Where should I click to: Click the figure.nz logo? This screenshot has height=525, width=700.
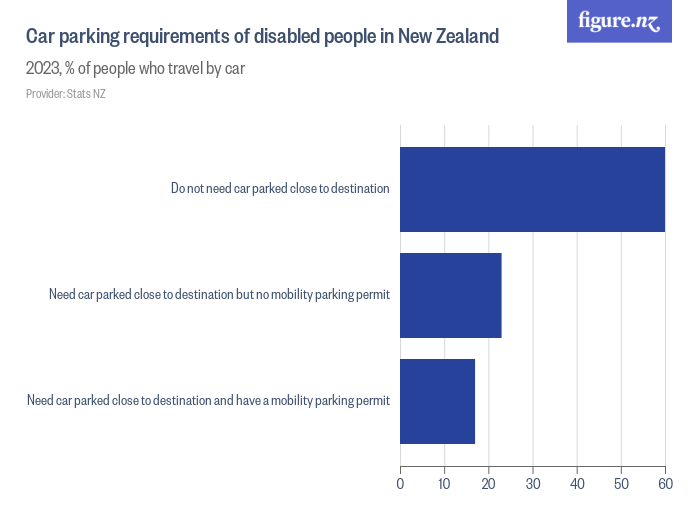click(619, 22)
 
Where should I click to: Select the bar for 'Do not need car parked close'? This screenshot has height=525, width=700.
click(532, 189)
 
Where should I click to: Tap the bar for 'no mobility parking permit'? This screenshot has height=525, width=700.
click(450, 295)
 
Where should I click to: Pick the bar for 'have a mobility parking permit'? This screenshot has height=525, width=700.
click(437, 401)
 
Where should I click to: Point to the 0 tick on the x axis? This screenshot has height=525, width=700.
click(400, 485)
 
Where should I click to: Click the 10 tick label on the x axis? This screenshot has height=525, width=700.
click(444, 485)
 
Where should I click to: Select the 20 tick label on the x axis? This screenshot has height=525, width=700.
click(488, 485)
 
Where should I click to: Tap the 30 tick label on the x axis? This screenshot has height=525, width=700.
click(533, 485)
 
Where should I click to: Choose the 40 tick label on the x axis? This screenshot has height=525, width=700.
click(577, 485)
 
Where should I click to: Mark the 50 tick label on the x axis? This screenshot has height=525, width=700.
click(621, 485)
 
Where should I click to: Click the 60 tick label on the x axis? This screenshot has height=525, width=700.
click(665, 485)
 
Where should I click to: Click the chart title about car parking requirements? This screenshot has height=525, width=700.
click(262, 38)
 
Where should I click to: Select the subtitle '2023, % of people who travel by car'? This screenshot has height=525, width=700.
click(135, 69)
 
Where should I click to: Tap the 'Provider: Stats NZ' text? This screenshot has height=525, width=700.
click(65, 94)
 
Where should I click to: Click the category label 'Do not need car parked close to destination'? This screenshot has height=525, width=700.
click(280, 188)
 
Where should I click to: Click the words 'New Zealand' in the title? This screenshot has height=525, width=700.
click(447, 38)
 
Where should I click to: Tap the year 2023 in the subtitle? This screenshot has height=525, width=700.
click(43, 69)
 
